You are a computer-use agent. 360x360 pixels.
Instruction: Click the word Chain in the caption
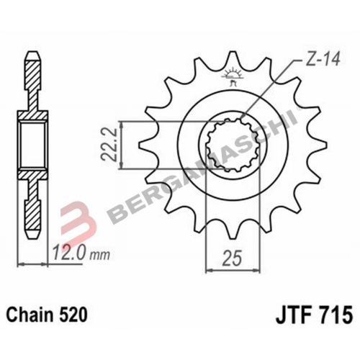pos(32,315)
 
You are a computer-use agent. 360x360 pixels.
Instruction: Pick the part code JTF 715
pos(312,315)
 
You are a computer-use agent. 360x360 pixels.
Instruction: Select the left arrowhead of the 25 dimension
pos(210,270)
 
